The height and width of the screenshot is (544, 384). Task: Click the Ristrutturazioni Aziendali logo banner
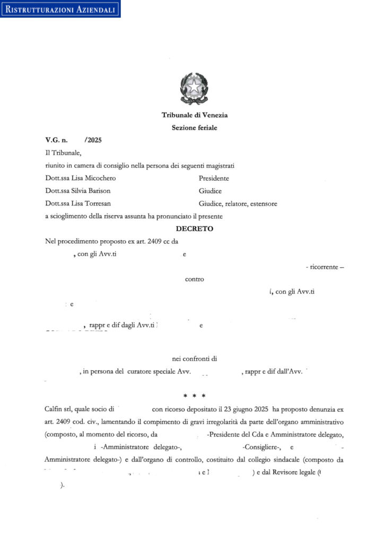tap(60, 9)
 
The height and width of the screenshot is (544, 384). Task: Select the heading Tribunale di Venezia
tap(194, 115)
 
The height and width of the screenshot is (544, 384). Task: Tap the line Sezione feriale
tap(194, 127)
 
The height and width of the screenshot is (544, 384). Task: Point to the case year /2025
tap(93, 140)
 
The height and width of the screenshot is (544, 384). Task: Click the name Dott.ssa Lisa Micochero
tap(81, 178)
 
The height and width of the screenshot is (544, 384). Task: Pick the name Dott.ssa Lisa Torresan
tap(78, 203)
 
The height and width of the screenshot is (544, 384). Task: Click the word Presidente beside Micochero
tap(214, 178)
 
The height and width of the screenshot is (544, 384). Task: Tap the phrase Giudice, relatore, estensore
tap(238, 203)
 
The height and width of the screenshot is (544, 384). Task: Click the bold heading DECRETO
tap(194, 228)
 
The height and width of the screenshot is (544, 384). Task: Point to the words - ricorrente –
tap(325, 267)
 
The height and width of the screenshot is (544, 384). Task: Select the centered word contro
tap(194, 279)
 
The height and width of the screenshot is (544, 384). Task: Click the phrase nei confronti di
tap(194, 359)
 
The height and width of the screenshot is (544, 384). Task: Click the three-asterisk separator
tap(194, 396)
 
